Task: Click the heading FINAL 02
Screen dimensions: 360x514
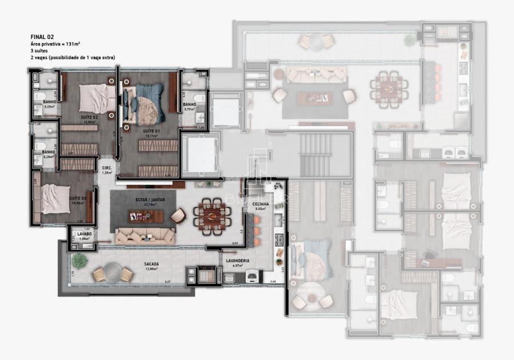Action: click(42, 37)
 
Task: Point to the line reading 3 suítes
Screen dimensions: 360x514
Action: click(40, 51)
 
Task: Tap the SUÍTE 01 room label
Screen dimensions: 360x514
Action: click(151, 131)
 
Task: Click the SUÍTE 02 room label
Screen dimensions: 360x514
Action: click(89, 117)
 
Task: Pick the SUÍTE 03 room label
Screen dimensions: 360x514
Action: click(77, 198)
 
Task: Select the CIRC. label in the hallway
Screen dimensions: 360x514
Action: click(106, 168)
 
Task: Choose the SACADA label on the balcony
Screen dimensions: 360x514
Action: click(151, 264)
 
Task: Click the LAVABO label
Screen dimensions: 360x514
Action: click(83, 234)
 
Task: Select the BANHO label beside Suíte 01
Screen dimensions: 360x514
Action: click(189, 105)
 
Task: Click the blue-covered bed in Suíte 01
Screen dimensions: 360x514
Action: click(143, 103)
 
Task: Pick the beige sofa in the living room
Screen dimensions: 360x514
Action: click(144, 235)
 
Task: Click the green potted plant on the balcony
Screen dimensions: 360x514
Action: click(79, 261)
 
